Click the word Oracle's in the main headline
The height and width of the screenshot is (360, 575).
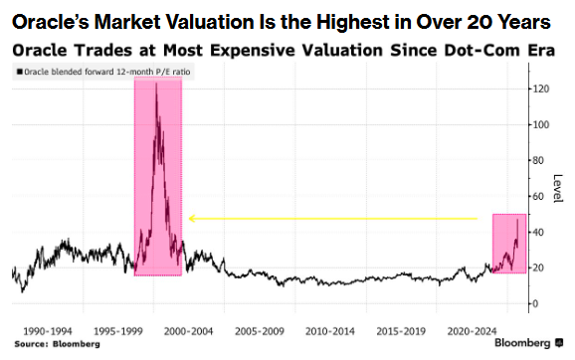pos(51,22)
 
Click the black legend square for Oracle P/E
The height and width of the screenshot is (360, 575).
pos(20,72)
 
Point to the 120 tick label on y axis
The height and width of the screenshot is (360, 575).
pos(540,90)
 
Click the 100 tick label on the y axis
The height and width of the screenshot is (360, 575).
pos(540,125)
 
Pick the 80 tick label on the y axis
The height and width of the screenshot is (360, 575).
pos(538,160)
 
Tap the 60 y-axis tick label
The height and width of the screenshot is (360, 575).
pos(538,197)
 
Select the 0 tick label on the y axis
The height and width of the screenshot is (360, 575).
pos(535,304)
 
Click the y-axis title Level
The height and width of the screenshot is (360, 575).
pos(557,188)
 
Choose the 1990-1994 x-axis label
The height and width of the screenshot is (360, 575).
pos(48,331)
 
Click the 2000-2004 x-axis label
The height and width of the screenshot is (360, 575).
pos(188,331)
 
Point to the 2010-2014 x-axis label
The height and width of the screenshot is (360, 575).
pos(330,331)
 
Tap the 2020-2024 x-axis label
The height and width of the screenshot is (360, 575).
pos(472,331)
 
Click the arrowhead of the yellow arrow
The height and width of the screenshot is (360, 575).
pos(190,219)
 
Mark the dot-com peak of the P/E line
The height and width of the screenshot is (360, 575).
pos(156,84)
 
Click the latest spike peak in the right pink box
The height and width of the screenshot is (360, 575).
pos(517,220)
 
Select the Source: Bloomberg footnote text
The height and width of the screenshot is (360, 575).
pos(58,344)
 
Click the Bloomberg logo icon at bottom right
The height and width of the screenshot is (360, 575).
pos(559,343)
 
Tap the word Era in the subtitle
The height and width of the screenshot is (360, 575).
pos(541,51)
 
